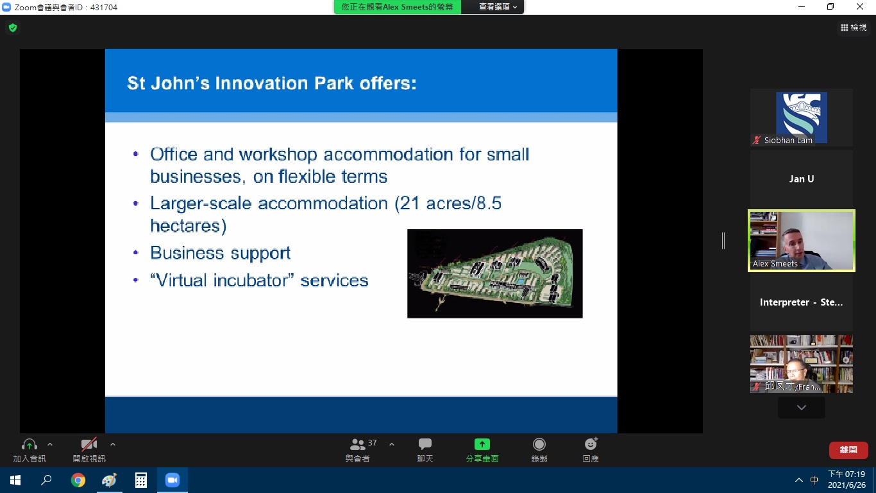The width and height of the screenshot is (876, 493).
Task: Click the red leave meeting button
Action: coord(848,450)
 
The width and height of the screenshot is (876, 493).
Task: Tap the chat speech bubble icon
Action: coord(425,444)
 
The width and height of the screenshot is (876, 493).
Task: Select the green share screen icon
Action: coord(482,444)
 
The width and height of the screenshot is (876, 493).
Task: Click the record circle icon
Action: coord(539,444)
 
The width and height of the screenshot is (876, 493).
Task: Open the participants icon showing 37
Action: coord(357,444)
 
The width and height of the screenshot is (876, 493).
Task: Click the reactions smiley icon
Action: coord(591,444)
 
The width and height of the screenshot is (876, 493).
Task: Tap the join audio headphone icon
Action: coord(29,444)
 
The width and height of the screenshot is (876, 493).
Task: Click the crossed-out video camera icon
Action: coord(89,444)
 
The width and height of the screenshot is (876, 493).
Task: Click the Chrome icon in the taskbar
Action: coord(78,480)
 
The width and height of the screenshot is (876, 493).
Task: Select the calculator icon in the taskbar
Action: coord(141,480)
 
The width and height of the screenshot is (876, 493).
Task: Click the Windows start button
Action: coord(15,480)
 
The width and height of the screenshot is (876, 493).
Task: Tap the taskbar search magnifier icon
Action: coord(47,480)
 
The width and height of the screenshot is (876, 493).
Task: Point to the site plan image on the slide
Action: coord(494,273)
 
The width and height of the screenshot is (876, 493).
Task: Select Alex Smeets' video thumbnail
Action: coord(802,241)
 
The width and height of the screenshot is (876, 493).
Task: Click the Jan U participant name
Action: coord(802,179)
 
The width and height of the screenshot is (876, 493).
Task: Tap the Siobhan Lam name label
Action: coord(788,140)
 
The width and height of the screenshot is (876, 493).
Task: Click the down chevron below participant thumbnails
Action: coord(802,408)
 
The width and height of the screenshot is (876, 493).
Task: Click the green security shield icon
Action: coord(13,28)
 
